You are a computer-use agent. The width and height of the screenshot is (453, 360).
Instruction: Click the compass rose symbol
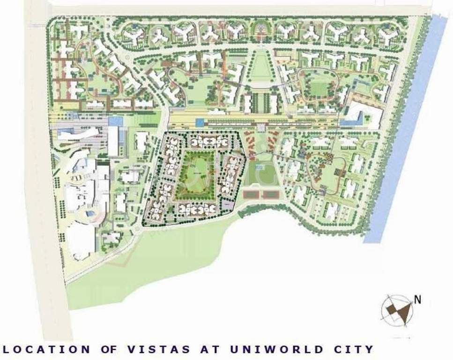(397, 309)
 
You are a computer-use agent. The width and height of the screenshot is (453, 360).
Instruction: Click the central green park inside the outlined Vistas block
(194, 176)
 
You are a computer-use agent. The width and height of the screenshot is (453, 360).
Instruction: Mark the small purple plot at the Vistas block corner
(228, 205)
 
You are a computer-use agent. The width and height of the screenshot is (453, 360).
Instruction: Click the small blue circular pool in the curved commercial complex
(90, 215)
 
